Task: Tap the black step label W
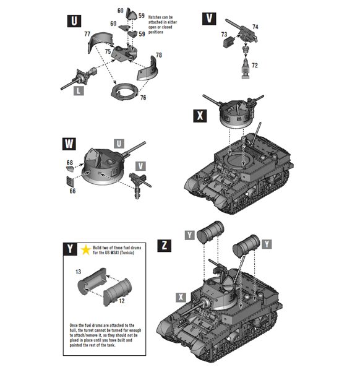(x=71, y=145)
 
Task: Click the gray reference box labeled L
(x=78, y=90)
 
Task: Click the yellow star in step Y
(x=85, y=249)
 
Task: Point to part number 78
(x=159, y=55)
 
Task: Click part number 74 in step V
(x=255, y=27)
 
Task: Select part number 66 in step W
(x=72, y=192)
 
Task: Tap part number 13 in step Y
(x=79, y=272)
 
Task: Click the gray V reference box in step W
(x=142, y=166)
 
